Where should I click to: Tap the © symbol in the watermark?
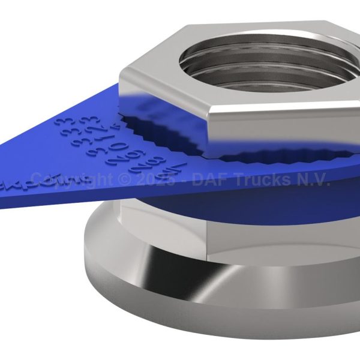tap(125, 179)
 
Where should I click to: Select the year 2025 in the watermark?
tap(156, 179)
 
